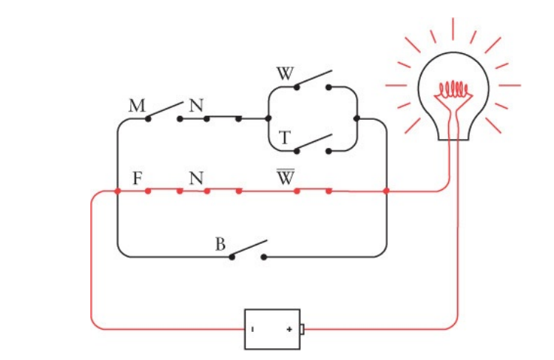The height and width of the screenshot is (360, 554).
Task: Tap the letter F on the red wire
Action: (137, 178)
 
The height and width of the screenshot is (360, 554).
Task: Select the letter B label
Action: (220, 245)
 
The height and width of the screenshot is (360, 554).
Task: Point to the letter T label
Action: (283, 137)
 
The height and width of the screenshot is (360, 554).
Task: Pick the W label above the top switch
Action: (286, 74)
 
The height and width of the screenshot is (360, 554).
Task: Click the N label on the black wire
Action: (196, 106)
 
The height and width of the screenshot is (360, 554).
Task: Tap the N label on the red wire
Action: (196, 178)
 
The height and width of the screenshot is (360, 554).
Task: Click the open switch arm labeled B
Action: (249, 249)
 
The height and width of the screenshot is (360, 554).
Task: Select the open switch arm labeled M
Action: (164, 111)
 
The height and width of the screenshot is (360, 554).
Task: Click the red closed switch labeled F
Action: (163, 191)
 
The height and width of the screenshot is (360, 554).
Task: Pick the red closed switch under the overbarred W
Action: (312, 191)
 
